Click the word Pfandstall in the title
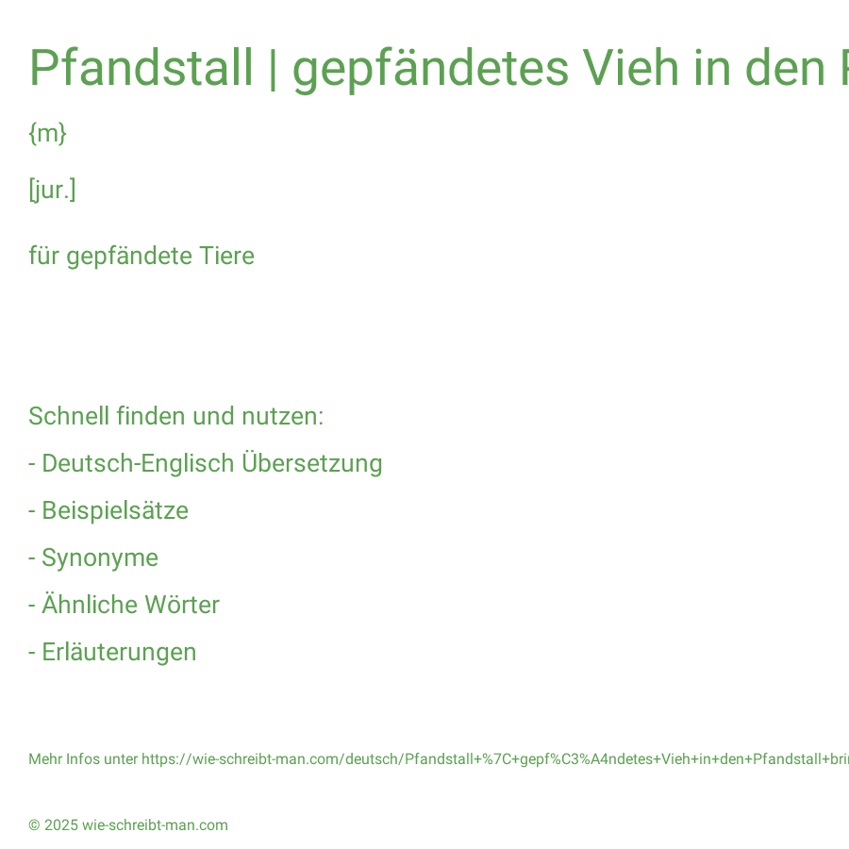[141, 68]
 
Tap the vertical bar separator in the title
[273, 69]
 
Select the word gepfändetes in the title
[430, 70]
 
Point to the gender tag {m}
[48, 133]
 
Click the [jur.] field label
[52, 190]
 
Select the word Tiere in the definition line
[226, 256]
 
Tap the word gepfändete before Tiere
[129, 257]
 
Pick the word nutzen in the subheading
[282, 416]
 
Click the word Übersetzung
[312, 463]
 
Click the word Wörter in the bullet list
[182, 605]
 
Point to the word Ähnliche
[90, 604]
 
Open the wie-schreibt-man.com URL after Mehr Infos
[495, 759]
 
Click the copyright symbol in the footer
[34, 825]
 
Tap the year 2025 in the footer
[61, 825]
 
